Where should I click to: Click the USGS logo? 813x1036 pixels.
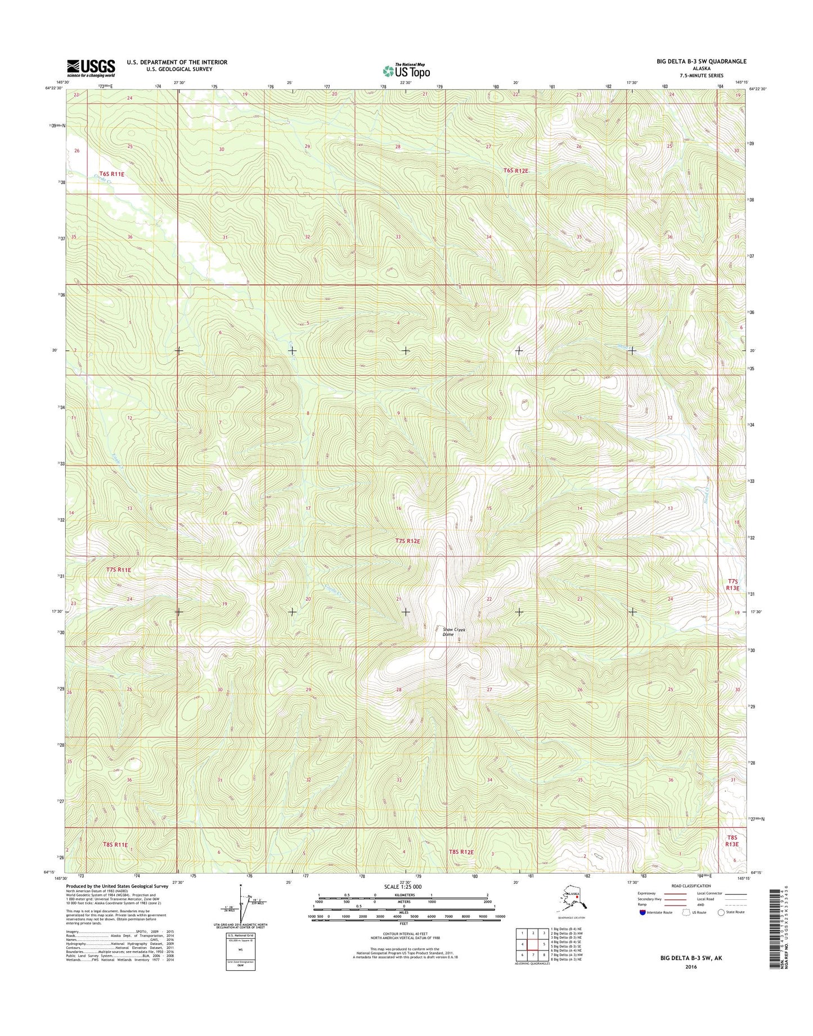pos(91,68)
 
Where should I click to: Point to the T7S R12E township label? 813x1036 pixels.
pos(408,541)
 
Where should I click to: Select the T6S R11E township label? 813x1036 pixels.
pos(111,174)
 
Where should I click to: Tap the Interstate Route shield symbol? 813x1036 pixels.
pos(643,928)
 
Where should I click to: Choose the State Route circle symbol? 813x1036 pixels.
pos(721,928)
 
